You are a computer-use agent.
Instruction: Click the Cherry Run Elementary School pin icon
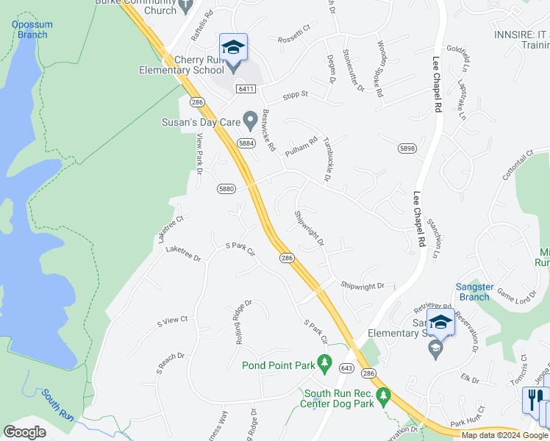click(233, 49)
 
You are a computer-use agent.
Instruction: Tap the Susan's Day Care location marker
click(251, 118)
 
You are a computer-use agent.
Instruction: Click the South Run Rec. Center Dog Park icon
click(382, 398)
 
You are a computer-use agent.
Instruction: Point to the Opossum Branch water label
click(30, 29)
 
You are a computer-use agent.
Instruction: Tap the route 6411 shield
click(246, 89)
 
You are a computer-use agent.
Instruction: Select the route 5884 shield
click(246, 143)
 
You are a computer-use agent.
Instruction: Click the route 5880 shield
click(226, 189)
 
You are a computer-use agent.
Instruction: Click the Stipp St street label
click(296, 96)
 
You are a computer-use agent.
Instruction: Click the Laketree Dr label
click(183, 253)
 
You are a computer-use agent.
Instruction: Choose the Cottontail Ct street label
click(516, 169)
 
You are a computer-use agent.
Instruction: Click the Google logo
click(24, 432)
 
